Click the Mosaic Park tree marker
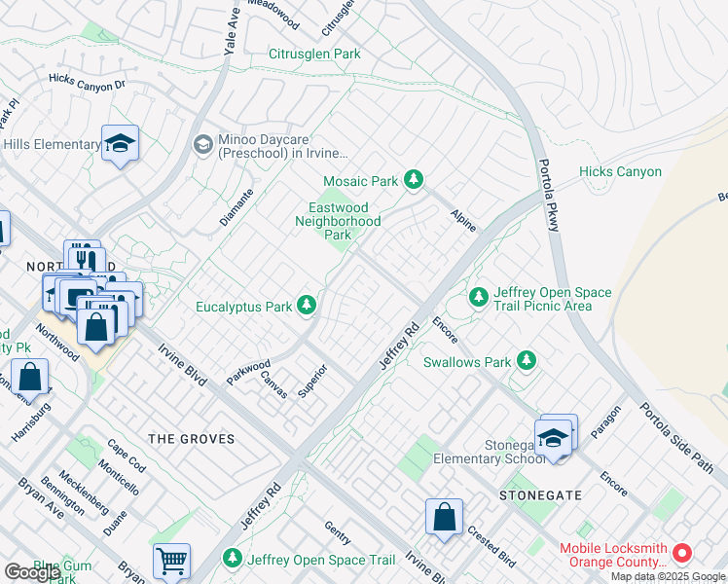[415, 180]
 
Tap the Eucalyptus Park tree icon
[307, 307]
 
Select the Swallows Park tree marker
[527, 362]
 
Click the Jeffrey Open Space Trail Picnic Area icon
[478, 296]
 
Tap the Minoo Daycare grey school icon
[202, 145]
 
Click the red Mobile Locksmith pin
[682, 554]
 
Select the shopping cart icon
[171, 561]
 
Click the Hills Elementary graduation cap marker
[120, 144]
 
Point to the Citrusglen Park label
[314, 54]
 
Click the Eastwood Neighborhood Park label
[338, 221]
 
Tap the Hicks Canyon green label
[620, 172]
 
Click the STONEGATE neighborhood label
[540, 495]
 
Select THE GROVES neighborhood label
[192, 439]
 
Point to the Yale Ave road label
[232, 26]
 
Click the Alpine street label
[463, 220]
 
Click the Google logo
[32, 572]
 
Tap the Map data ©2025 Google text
[667, 576]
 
